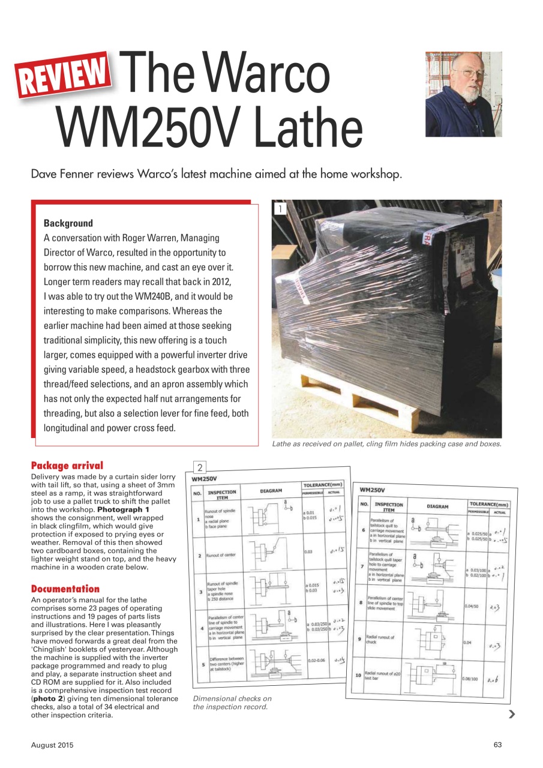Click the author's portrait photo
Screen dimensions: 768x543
tap(463, 94)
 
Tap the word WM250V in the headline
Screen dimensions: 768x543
tap(150, 127)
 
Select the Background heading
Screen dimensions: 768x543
tap(68, 223)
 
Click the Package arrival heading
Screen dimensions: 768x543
tap(67, 466)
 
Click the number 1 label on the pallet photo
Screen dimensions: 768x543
tap(279, 209)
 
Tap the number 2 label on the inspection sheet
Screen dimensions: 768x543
tap(200, 468)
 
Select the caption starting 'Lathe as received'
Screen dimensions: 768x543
tap(386, 444)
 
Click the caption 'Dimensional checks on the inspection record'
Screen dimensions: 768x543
tap(232, 703)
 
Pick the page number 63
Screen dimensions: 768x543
tap(497, 745)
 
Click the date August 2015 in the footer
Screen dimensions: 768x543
tap(52, 745)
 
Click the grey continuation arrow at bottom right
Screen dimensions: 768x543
tap(511, 713)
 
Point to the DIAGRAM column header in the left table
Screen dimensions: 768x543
tap(271, 491)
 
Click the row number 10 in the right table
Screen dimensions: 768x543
tap(358, 676)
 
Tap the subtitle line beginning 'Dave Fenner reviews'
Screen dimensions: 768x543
tap(215, 175)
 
